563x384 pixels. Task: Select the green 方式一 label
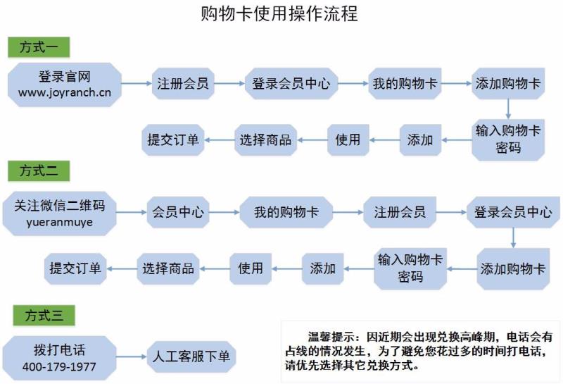tap(39, 48)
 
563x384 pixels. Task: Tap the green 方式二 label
tap(39, 171)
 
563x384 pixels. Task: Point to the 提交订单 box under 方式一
tap(172, 140)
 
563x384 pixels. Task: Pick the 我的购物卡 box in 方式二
tap(286, 211)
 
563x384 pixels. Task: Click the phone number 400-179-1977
tap(59, 367)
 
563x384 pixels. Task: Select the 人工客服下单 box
tap(191, 357)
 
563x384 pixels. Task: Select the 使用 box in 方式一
tap(348, 140)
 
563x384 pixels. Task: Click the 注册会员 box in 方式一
tap(182, 83)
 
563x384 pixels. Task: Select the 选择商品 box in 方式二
tap(167, 268)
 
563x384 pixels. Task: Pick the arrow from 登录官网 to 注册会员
tap(137, 83)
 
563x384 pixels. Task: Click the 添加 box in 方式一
tap(420, 140)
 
